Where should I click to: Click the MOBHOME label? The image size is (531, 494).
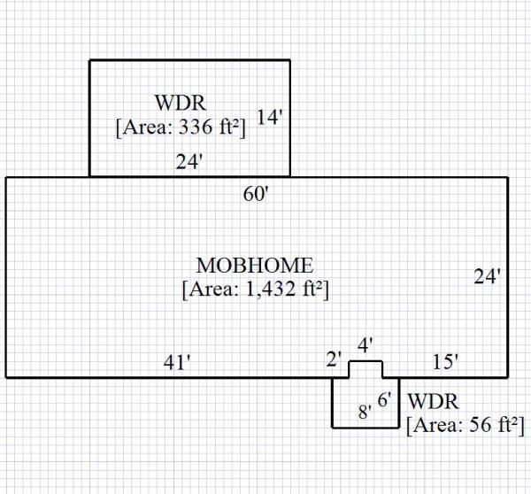254,266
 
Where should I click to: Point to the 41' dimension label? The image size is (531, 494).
177,361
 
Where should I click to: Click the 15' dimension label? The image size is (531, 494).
445,361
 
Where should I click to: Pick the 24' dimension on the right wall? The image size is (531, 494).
488,277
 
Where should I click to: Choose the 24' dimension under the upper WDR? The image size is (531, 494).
189,162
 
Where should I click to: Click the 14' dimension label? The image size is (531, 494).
269,117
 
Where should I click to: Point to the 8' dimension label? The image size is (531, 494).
363,412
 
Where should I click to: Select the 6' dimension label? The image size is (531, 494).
384,399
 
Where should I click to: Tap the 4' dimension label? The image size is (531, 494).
366,344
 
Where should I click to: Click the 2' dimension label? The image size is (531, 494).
334,359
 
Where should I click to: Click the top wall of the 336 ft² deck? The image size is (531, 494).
189,60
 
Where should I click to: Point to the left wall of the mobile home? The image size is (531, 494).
7,277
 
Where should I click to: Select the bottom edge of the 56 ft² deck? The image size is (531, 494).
365,428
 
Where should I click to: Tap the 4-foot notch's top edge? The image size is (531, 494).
366,361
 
